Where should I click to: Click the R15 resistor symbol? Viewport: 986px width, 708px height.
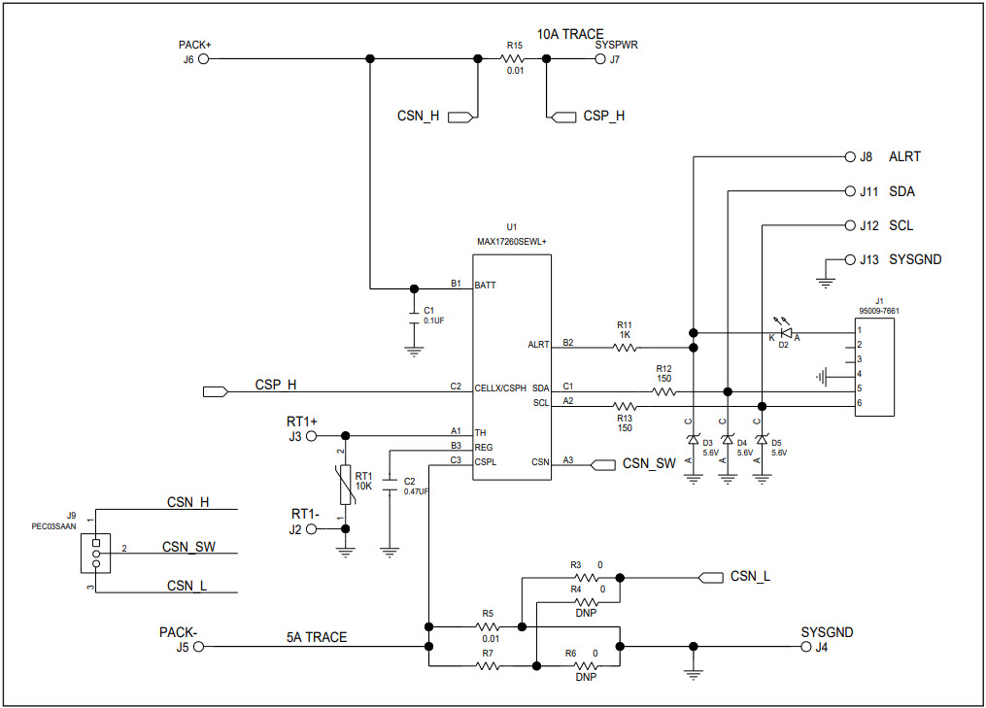514,58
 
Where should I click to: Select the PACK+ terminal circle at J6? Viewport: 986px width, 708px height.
203,58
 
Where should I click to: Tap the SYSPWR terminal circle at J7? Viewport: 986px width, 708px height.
599,58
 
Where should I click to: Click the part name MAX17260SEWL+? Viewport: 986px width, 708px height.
511,241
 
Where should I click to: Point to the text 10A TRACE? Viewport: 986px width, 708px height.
570,34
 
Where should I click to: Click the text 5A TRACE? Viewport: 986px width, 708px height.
316,637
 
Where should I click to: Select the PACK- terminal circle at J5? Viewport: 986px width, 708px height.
199,646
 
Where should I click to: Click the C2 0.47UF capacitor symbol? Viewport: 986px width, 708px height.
390,487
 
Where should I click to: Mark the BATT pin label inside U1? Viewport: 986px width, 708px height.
486,287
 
